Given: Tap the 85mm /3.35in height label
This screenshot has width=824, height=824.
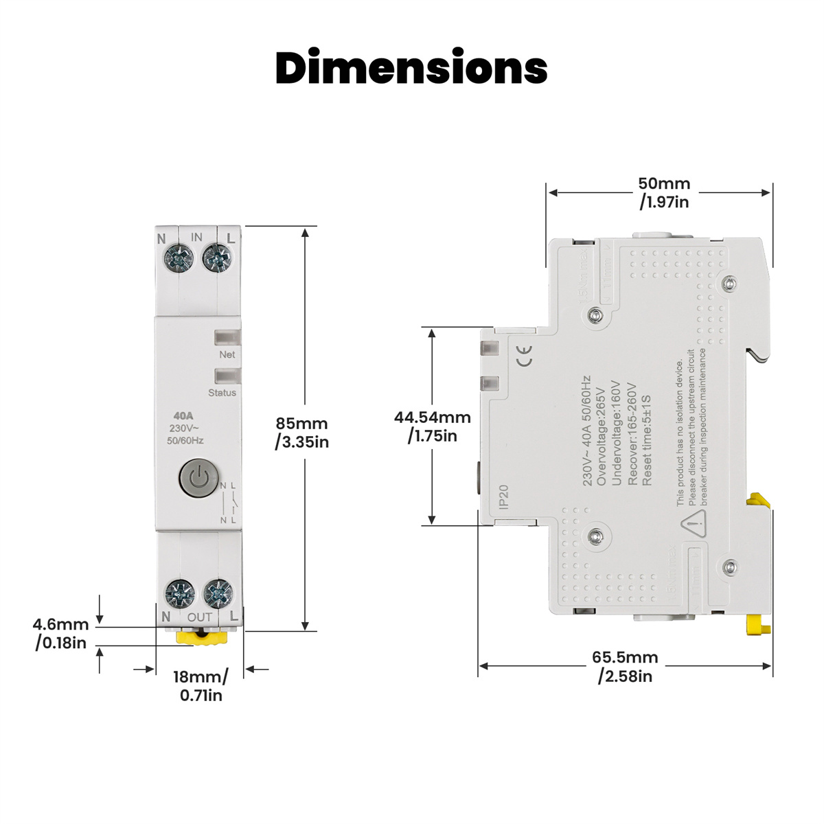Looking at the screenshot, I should click(302, 433).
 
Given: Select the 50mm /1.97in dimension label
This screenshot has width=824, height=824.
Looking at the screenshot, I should click(664, 192).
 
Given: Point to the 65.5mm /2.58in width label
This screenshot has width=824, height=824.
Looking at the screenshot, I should click(625, 667).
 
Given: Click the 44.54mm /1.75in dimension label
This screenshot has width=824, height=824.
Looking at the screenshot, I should click(433, 426).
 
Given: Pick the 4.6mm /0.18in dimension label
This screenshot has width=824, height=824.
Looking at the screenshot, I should click(61, 634).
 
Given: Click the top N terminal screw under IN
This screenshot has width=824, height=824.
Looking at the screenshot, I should click(179, 258).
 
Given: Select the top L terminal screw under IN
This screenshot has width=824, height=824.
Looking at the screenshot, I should click(217, 258).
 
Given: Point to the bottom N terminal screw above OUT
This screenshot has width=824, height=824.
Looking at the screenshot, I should click(180, 592).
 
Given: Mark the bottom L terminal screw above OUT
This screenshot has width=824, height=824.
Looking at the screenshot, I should click(218, 592).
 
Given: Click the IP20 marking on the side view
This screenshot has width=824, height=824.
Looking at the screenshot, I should click(503, 497).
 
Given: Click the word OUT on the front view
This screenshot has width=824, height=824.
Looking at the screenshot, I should click(200, 617).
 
